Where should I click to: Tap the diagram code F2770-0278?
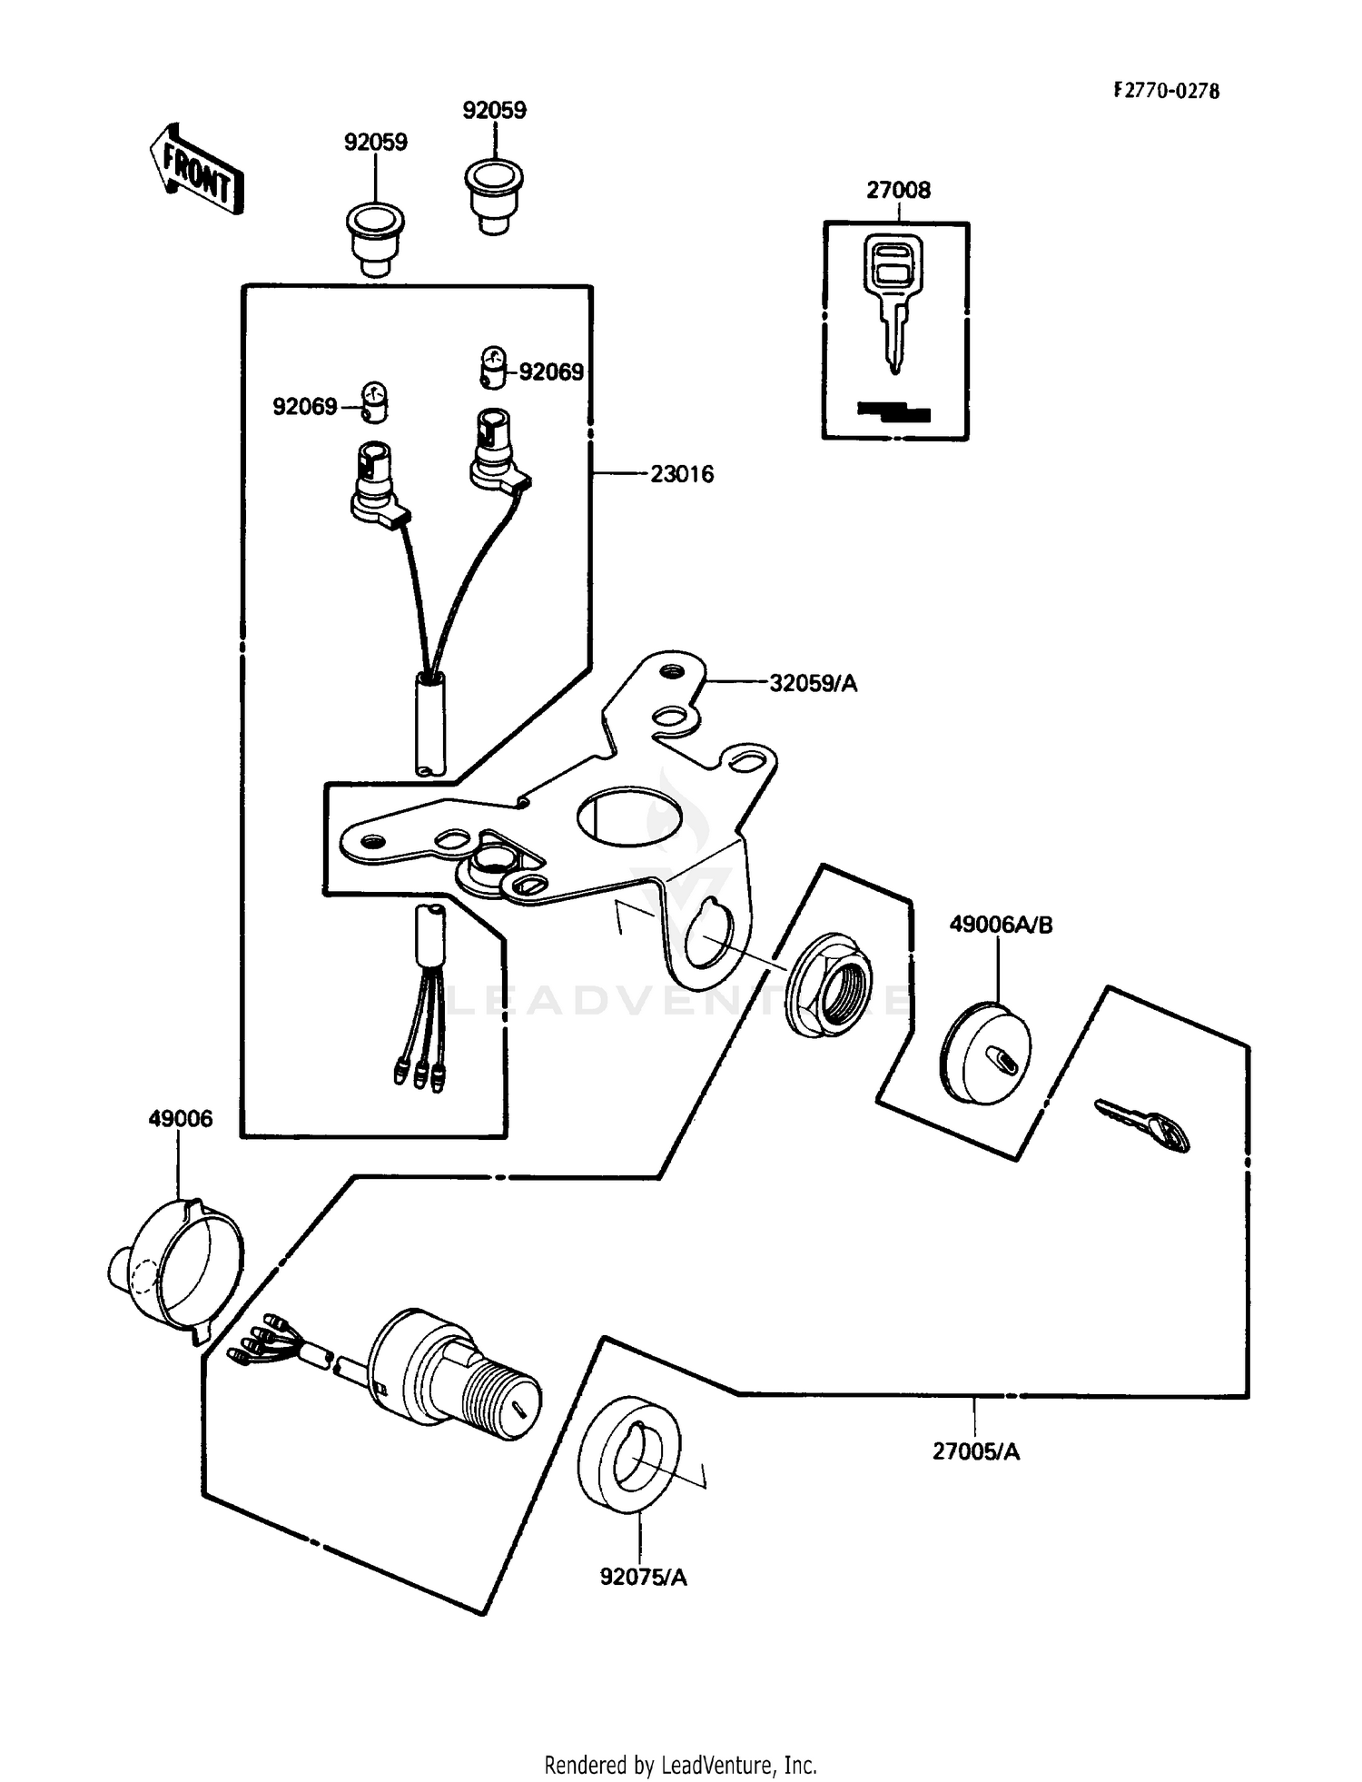(x=1166, y=91)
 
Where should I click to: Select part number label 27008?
(x=898, y=190)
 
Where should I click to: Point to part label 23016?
(x=681, y=474)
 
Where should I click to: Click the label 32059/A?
(x=813, y=683)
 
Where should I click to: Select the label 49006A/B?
(x=1001, y=925)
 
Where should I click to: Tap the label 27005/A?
(x=975, y=1451)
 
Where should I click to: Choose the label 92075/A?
(x=643, y=1577)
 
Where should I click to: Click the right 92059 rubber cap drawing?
(x=494, y=195)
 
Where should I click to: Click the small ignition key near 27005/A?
(x=1143, y=1125)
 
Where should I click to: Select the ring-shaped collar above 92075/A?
(x=627, y=1456)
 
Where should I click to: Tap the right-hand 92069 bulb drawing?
(x=492, y=365)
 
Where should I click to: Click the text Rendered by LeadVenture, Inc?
(x=680, y=1765)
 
